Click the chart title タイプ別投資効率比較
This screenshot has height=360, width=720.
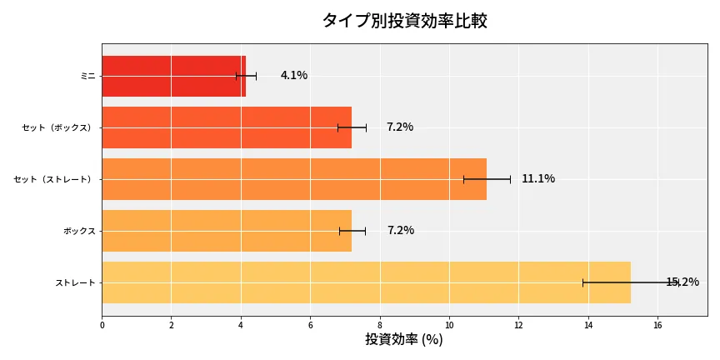pyautogui.click(x=404, y=21)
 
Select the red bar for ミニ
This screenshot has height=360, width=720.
pyautogui.click(x=173, y=76)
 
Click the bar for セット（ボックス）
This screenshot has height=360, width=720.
pyautogui.click(x=226, y=127)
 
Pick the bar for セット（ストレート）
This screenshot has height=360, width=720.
pyautogui.click(x=293, y=179)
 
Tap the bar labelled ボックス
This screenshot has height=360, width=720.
pyautogui.click(x=226, y=231)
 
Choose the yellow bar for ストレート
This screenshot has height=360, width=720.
pyautogui.click(x=366, y=282)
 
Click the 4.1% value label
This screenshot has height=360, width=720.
pyautogui.click(x=293, y=76)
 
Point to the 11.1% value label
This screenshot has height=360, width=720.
pyautogui.click(x=537, y=179)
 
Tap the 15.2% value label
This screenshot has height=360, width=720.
pyautogui.click(x=682, y=282)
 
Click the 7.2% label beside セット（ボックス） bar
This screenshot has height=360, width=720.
pyautogui.click(x=399, y=127)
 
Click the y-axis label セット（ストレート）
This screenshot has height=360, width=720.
pyautogui.click(x=55, y=179)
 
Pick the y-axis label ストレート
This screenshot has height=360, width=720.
pyautogui.click(x=75, y=282)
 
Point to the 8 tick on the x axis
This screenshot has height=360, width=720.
pyautogui.click(x=380, y=325)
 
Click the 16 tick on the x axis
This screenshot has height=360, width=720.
pyautogui.click(x=657, y=325)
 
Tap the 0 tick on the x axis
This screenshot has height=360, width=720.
pyautogui.click(x=102, y=325)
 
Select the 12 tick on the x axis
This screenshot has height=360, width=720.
pyautogui.click(x=518, y=325)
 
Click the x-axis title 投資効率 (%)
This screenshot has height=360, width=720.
pyautogui.click(x=404, y=340)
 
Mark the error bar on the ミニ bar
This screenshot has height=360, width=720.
pyautogui.click(x=246, y=76)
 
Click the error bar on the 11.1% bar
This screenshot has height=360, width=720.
pyautogui.click(x=487, y=179)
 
